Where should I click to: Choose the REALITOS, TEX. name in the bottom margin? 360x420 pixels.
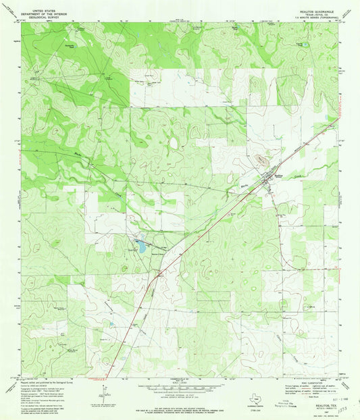coord(317,388)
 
